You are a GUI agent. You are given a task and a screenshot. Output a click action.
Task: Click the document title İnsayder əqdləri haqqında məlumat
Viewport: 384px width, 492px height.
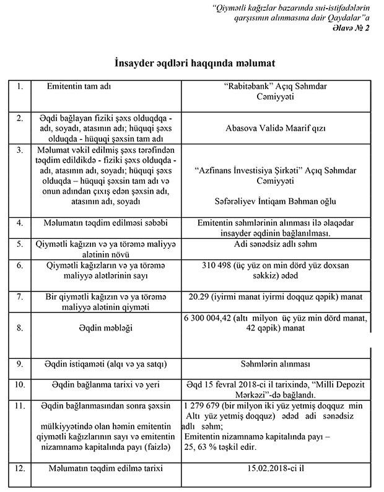pos(191,64)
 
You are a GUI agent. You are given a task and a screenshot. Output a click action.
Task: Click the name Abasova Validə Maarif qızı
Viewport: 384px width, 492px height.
pos(276,129)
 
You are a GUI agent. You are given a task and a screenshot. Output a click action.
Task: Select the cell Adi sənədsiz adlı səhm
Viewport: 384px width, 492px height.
pos(276,244)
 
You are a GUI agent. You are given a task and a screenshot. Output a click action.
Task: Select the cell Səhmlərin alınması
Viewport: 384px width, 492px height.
pos(276,365)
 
